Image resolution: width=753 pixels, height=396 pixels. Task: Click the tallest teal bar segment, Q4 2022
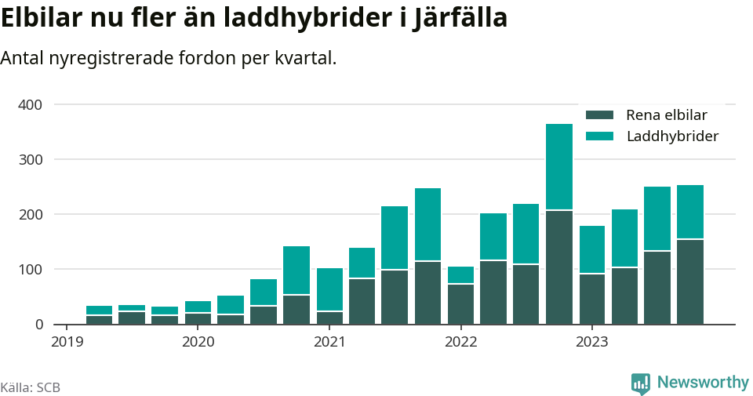coord(559,166)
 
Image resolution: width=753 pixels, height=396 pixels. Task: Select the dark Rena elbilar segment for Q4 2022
coord(559,267)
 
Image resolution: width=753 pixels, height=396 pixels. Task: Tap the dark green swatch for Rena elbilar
coord(599,115)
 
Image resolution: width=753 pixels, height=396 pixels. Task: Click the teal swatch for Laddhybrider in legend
coord(599,136)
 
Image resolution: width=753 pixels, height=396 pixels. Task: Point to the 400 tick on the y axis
coord(31,104)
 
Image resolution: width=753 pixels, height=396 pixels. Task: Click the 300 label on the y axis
coord(31,159)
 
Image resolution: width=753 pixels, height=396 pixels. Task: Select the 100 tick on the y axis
coord(31,269)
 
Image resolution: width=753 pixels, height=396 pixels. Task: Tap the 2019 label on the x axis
coord(67,341)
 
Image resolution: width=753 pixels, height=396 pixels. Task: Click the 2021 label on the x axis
coord(329,341)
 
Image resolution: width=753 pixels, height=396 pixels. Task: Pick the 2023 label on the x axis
coord(592,341)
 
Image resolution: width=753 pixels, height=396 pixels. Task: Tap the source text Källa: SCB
coord(31,387)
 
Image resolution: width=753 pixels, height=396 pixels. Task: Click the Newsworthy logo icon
coord(641,383)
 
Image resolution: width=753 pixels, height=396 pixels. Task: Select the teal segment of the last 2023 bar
coord(690,212)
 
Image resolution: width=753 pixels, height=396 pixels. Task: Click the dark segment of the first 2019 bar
coord(100,319)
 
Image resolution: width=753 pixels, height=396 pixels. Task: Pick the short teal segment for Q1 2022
coord(461,274)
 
